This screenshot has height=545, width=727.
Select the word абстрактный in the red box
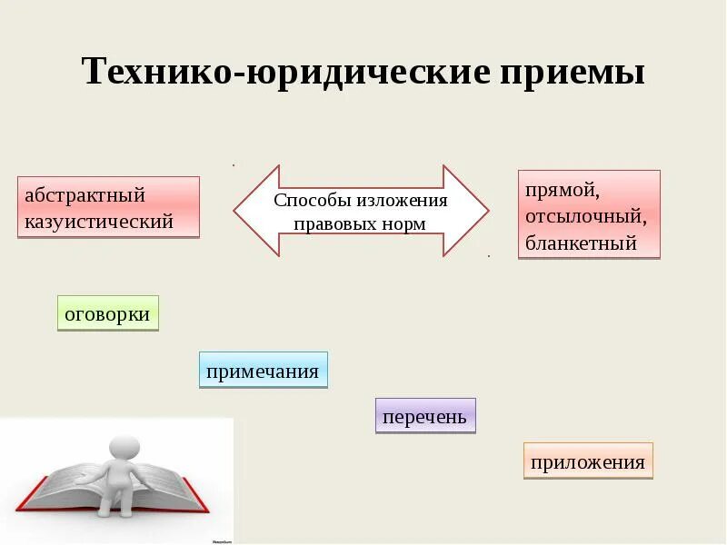click(x=85, y=195)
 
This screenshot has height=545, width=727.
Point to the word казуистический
click(x=99, y=221)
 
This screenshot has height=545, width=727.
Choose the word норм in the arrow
click(x=404, y=223)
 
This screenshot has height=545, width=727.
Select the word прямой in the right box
click(x=562, y=191)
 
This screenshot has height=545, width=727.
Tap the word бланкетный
click(x=581, y=243)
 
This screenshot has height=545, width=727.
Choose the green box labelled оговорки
click(x=107, y=312)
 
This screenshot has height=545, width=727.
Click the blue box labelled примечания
click(x=263, y=371)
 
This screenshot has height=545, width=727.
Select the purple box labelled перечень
click(x=425, y=416)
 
